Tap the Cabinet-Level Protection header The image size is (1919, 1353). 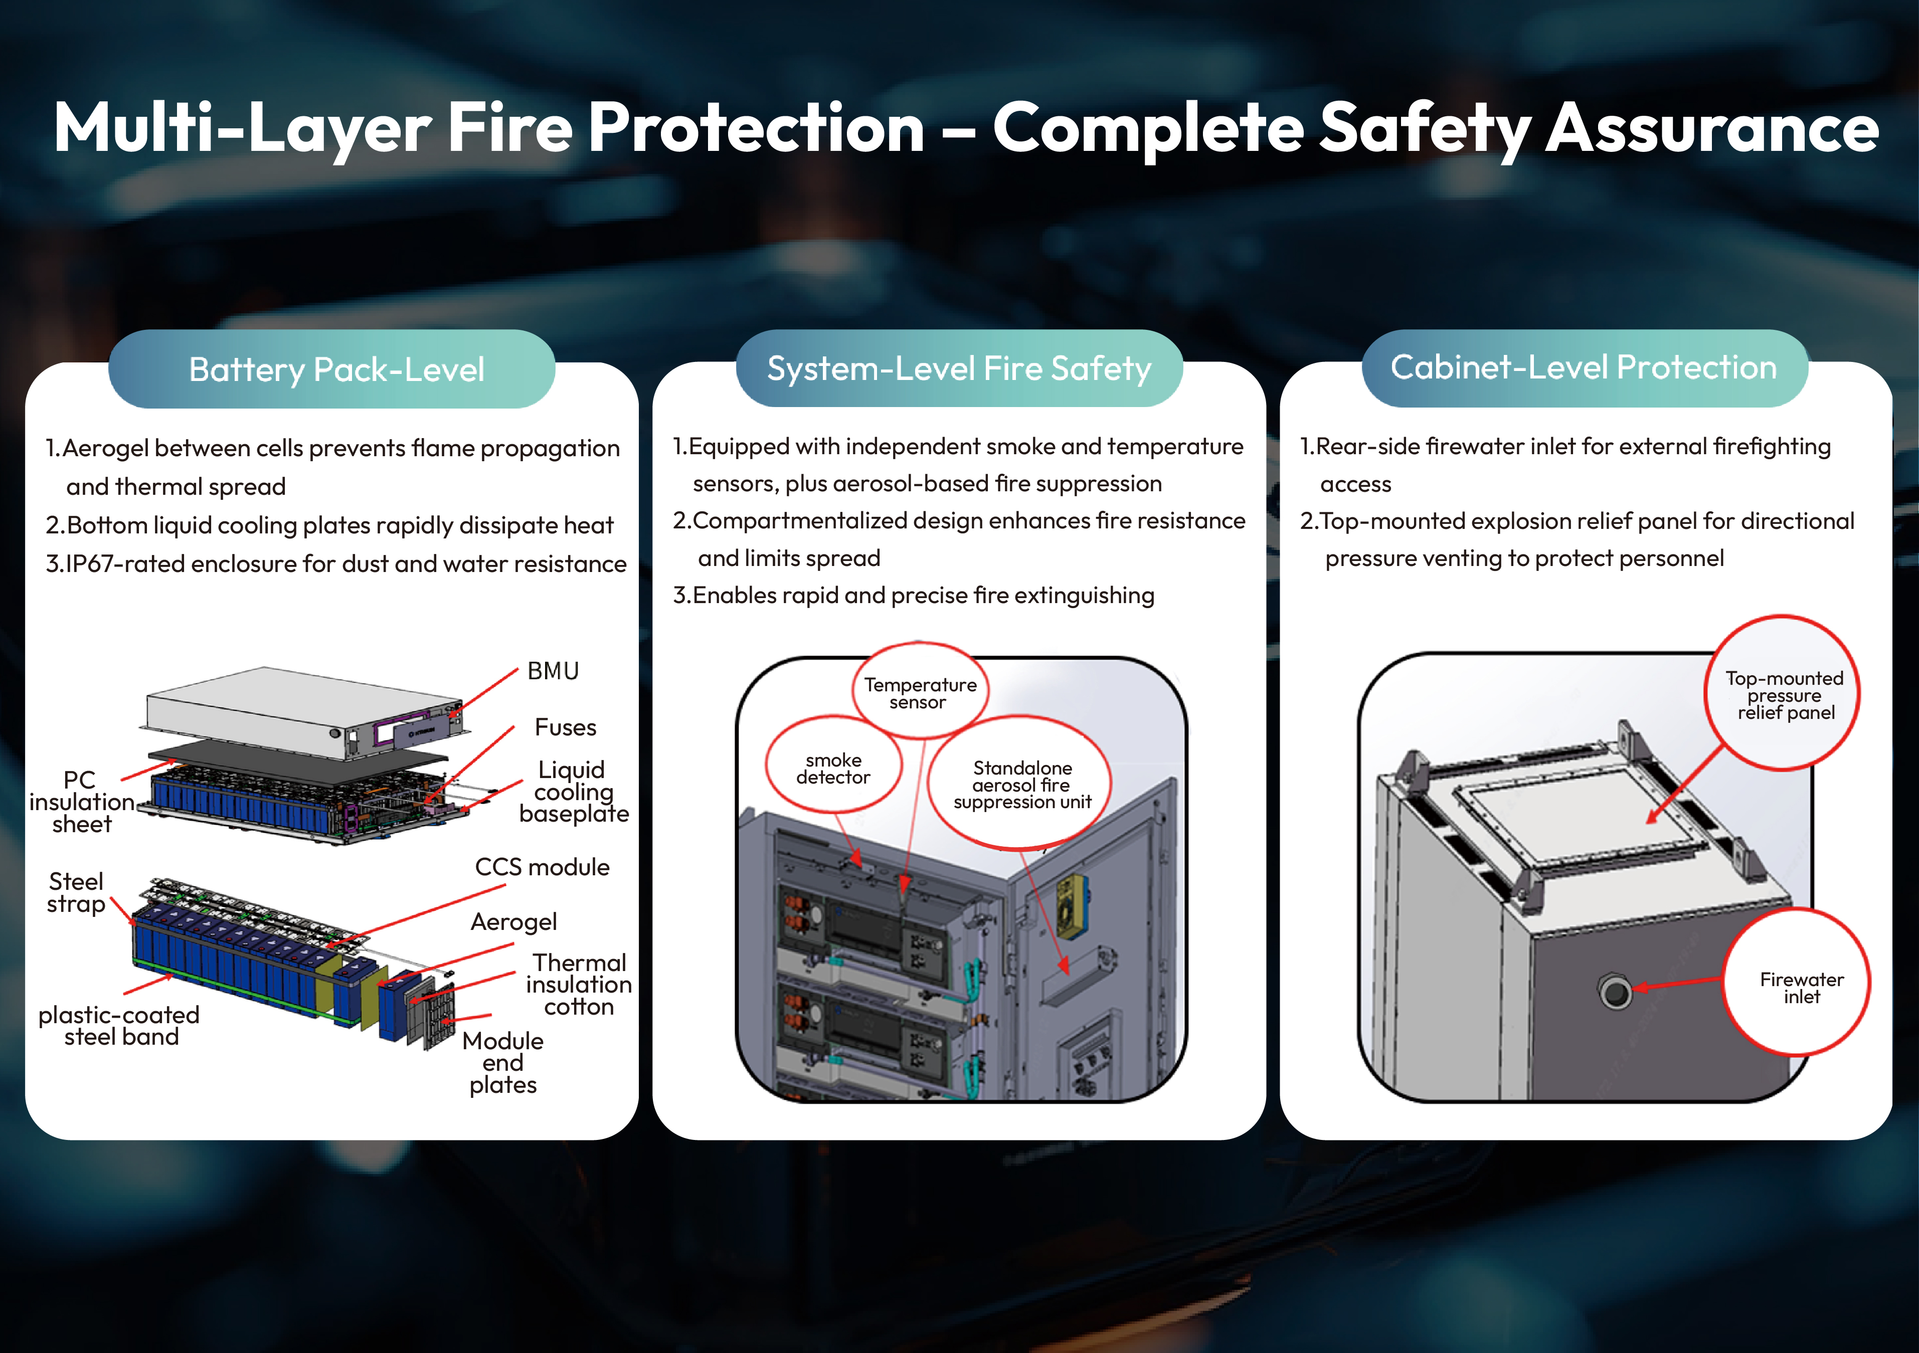tap(1584, 368)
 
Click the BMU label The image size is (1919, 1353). tap(553, 671)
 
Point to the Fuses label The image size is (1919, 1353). tap(565, 727)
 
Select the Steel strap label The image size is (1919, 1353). tap(76, 892)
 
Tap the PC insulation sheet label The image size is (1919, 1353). tap(81, 802)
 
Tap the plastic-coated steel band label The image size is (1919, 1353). tap(119, 1026)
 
